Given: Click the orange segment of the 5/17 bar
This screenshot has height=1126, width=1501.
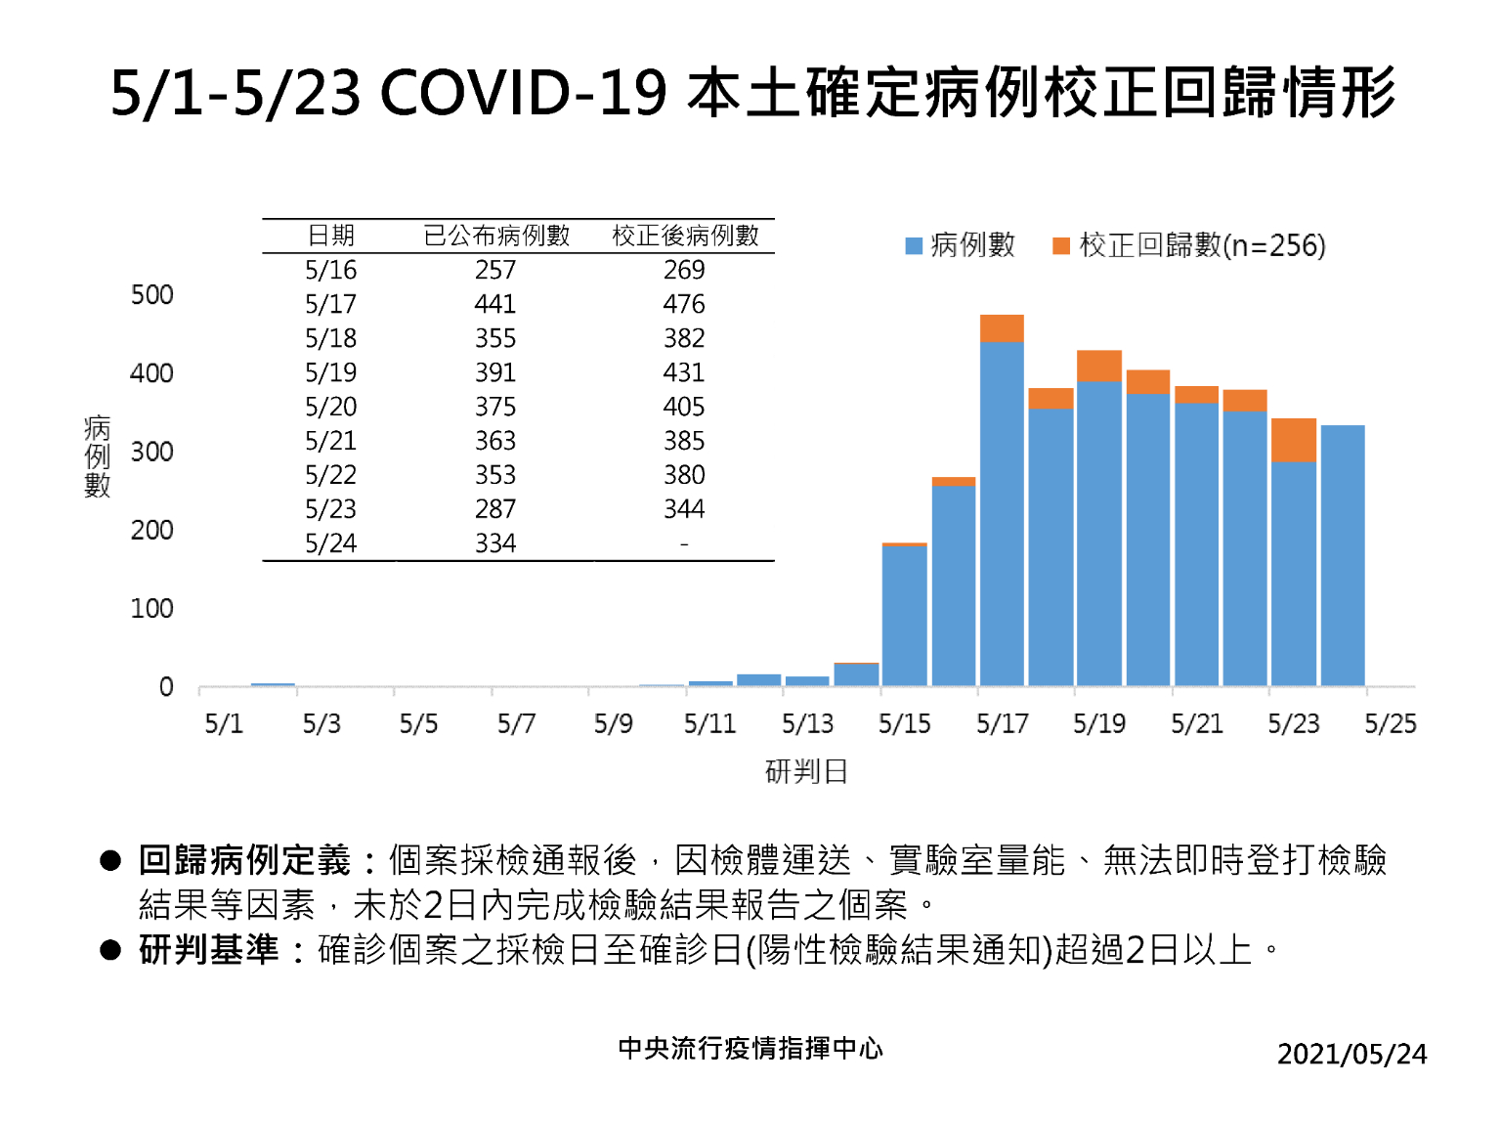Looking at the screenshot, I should click(1002, 328).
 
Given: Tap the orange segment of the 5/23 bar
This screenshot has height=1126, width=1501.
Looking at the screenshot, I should click(1293, 440).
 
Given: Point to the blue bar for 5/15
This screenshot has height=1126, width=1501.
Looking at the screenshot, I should click(904, 616).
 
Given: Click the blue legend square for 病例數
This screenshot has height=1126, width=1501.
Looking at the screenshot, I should click(914, 245).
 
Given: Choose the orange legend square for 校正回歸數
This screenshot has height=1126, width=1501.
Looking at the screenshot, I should click(1060, 245).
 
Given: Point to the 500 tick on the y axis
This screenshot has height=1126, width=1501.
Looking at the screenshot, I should click(151, 295).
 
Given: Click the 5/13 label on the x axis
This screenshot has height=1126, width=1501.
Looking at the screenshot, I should click(807, 724).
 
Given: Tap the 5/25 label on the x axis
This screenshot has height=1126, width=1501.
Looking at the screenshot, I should click(1390, 724).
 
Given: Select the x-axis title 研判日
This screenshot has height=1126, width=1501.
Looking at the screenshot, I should click(806, 772).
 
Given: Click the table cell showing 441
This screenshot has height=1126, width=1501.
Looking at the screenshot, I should click(495, 304).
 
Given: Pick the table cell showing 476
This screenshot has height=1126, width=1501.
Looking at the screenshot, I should click(684, 304).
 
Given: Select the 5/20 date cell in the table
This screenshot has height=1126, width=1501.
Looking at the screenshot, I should click(330, 407).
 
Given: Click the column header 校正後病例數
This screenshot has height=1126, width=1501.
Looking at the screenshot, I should click(685, 236).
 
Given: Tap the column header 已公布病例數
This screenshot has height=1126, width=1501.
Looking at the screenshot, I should click(496, 236).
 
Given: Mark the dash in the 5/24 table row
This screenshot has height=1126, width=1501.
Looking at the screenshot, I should click(684, 543).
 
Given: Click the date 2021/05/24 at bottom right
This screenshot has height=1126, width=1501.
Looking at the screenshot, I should click(1351, 1054).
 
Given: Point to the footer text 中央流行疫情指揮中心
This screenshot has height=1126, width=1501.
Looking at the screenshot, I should click(750, 1048).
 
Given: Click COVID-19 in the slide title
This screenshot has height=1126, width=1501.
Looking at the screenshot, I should click(523, 94).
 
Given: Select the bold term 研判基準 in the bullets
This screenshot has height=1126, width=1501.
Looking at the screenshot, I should click(209, 949).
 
